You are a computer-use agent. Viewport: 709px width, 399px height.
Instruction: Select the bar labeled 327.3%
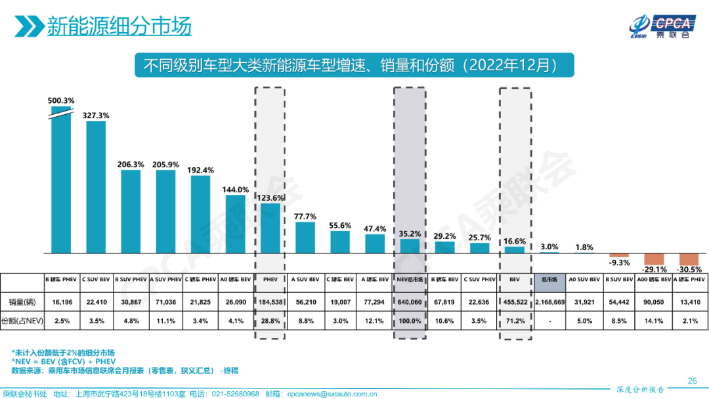pyautogui.click(x=96, y=187)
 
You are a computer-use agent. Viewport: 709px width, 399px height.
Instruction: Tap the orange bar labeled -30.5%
pyautogui.click(x=689, y=259)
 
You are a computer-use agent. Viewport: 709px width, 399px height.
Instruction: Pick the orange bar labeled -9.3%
pyautogui.click(x=619, y=255)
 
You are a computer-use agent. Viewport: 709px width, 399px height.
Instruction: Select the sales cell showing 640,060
pyautogui.click(x=409, y=303)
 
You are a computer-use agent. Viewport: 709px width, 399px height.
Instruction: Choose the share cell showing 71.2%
pyautogui.click(x=514, y=322)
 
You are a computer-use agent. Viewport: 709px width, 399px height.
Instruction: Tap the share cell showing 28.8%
pyautogui.click(x=269, y=322)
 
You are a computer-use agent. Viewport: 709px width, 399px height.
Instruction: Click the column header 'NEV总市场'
pyautogui.click(x=409, y=279)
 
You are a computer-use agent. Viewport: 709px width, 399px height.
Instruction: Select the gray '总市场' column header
pyautogui.click(x=549, y=279)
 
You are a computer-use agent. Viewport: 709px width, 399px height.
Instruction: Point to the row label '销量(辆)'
pyautogui.click(x=21, y=303)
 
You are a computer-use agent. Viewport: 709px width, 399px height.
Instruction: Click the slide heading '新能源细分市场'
pyautogui.click(x=119, y=27)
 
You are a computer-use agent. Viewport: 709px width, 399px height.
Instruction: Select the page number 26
pyautogui.click(x=692, y=381)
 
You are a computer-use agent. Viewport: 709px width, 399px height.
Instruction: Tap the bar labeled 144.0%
pyautogui.click(x=235, y=223)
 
